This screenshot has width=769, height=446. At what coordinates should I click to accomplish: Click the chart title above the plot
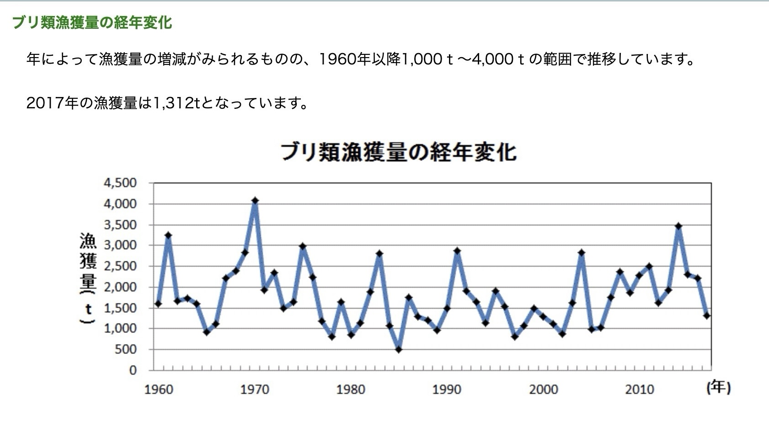click(398, 152)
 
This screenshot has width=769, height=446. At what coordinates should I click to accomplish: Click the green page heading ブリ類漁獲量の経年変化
click(92, 22)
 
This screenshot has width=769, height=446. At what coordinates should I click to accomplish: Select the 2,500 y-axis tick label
click(120, 266)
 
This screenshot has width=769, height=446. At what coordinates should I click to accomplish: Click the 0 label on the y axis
click(133, 371)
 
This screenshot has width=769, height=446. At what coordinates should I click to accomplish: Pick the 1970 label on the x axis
click(255, 390)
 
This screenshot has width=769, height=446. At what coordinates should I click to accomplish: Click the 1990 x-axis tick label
click(447, 390)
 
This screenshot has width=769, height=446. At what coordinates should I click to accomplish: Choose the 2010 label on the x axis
click(640, 390)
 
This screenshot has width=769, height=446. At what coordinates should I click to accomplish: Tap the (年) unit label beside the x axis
click(718, 388)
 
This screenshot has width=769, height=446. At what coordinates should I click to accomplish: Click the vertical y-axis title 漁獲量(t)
click(88, 279)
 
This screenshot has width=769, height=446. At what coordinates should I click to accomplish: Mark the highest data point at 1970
click(255, 201)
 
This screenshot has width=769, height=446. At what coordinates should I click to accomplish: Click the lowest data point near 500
click(399, 349)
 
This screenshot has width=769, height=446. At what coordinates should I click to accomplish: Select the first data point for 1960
click(158, 304)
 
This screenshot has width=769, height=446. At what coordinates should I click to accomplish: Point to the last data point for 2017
click(707, 316)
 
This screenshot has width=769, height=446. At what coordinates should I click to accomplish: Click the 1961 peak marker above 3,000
click(168, 236)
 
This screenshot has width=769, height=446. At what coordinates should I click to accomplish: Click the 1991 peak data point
click(457, 251)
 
